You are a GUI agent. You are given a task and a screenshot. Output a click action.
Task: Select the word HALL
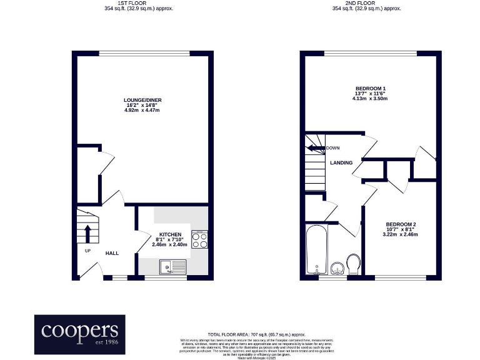point(112,253)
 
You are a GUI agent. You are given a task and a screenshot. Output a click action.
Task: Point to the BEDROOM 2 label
point(401,224)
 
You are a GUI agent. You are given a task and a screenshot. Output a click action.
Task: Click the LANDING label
point(341,162)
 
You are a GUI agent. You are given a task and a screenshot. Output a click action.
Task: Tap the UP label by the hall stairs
point(88,251)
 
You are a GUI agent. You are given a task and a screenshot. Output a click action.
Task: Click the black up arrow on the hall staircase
point(87,233)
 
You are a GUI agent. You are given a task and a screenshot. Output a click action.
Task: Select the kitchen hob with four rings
point(199,240)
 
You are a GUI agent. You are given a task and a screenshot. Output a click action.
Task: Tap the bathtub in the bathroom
point(316,251)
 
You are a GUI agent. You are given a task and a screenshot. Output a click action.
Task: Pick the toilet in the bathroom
point(353,264)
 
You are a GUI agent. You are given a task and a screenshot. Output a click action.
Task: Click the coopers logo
point(79,332)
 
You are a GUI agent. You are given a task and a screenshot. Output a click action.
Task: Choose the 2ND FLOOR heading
point(366,3)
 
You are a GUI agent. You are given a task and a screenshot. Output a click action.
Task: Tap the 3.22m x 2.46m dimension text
point(401,235)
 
